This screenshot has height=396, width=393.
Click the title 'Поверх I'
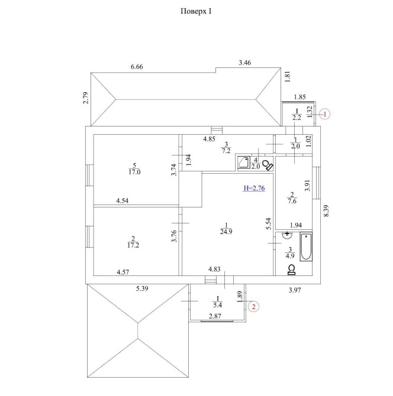(196, 12)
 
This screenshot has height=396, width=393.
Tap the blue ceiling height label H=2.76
(254, 188)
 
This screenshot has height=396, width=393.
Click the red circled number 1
(325, 114)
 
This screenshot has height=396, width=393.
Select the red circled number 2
(253, 307)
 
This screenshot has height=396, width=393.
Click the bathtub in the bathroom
(306, 246)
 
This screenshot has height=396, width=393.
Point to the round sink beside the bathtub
(287, 235)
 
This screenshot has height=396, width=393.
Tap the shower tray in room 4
(244, 163)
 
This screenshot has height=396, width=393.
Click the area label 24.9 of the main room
(226, 232)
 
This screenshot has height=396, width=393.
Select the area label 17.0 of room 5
(134, 172)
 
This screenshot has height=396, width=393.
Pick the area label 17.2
(133, 245)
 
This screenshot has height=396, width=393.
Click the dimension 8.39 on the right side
(327, 210)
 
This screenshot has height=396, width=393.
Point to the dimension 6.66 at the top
(137, 67)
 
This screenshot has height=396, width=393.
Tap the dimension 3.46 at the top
(245, 63)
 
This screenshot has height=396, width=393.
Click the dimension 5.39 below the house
(142, 288)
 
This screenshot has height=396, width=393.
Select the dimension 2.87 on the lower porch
(215, 316)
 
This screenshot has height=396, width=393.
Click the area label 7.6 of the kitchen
(292, 202)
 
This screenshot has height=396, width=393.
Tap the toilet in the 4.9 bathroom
(292, 269)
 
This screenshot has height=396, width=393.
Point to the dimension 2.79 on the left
(86, 98)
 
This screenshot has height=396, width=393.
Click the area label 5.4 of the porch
(217, 305)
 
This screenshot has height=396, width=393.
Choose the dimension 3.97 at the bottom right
(295, 290)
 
